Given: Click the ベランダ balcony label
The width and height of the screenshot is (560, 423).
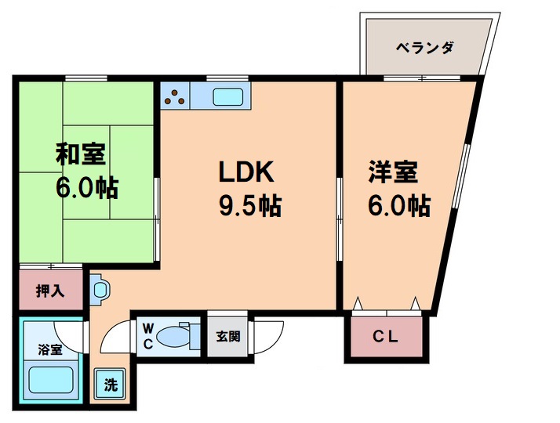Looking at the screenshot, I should tap(424, 48).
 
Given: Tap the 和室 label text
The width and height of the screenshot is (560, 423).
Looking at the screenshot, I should tap(81, 154).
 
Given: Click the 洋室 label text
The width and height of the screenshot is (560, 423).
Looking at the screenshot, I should tap(394, 172).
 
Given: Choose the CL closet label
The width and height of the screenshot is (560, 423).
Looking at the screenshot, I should tap(386, 338).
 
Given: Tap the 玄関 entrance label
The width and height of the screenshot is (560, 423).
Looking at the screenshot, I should tap(228, 337).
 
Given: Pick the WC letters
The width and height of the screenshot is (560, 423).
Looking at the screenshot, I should tap(147, 336).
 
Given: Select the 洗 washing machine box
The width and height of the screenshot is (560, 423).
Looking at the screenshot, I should tap(111, 385).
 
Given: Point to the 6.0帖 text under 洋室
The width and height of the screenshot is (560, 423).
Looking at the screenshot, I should tap(398, 206).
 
